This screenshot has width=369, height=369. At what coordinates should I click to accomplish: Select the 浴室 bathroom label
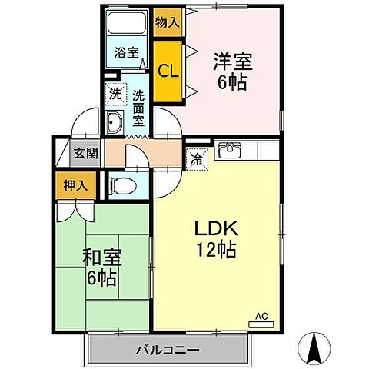[x=126, y=54]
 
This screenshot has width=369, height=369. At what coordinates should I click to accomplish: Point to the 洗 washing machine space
[x=115, y=96]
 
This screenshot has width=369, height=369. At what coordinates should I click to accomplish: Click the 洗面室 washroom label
[x=139, y=108]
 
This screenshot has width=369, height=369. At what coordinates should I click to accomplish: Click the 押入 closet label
[x=75, y=185]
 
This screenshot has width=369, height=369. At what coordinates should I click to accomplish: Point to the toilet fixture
[x=123, y=185]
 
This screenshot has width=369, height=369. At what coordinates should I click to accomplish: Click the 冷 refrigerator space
[x=197, y=161]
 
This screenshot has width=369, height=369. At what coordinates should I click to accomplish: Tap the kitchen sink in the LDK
[x=228, y=151]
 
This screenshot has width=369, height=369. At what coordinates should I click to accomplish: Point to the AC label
[x=261, y=316]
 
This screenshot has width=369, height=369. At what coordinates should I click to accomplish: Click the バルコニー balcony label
[x=168, y=350]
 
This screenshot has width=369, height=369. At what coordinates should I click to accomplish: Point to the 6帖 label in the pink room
[x=231, y=82]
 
